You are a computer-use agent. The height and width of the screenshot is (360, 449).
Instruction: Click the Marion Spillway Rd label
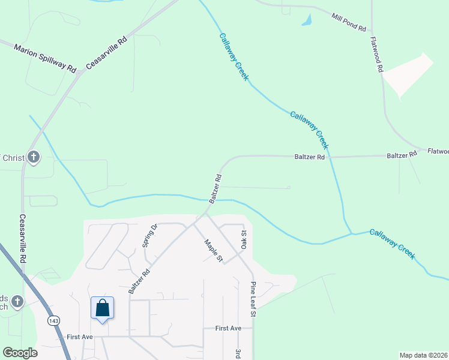tap(46, 59)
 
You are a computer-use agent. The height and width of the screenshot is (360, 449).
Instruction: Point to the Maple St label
tap(213, 251)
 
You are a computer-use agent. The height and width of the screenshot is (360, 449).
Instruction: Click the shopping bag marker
tap(103, 308)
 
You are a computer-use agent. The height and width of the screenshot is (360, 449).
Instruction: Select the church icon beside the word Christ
tap(34, 158)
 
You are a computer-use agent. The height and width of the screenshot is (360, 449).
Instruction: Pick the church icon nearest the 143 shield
tap(17, 302)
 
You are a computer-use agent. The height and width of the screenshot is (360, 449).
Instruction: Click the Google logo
tap(20, 353)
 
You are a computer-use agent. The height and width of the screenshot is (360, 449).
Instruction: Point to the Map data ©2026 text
tap(423, 355)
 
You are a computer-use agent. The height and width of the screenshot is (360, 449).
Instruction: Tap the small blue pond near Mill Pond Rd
tap(307, 20)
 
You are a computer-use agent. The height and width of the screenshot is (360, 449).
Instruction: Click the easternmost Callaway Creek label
tap(392, 244)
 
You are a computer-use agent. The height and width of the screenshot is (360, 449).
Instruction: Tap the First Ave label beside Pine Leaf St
tap(228, 328)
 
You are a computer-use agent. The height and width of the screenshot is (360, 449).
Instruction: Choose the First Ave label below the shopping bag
tap(80, 337)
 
